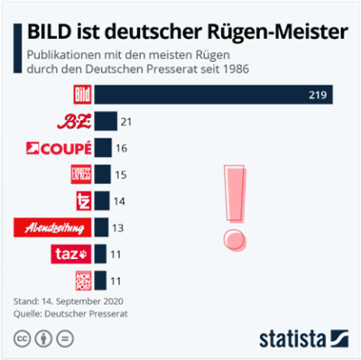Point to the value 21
click(x=126, y=122)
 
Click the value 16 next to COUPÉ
click(x=121, y=148)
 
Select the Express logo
click(x=80, y=174)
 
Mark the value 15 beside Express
click(x=120, y=174)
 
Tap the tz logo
click(x=81, y=200)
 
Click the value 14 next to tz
click(x=119, y=200)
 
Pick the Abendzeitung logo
click(x=51, y=227)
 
